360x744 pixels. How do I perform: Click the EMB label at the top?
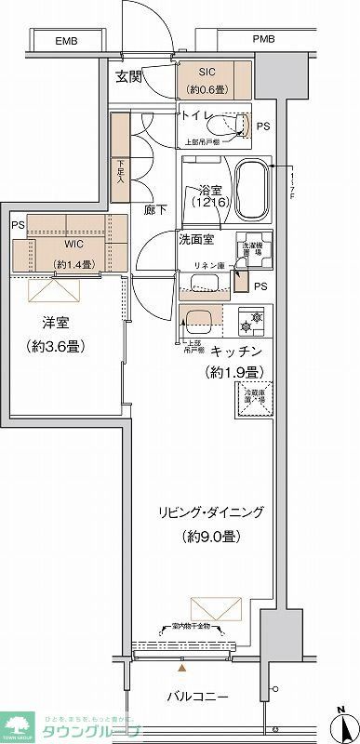coord(66,42)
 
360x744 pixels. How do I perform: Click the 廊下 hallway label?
coord(155,210)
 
